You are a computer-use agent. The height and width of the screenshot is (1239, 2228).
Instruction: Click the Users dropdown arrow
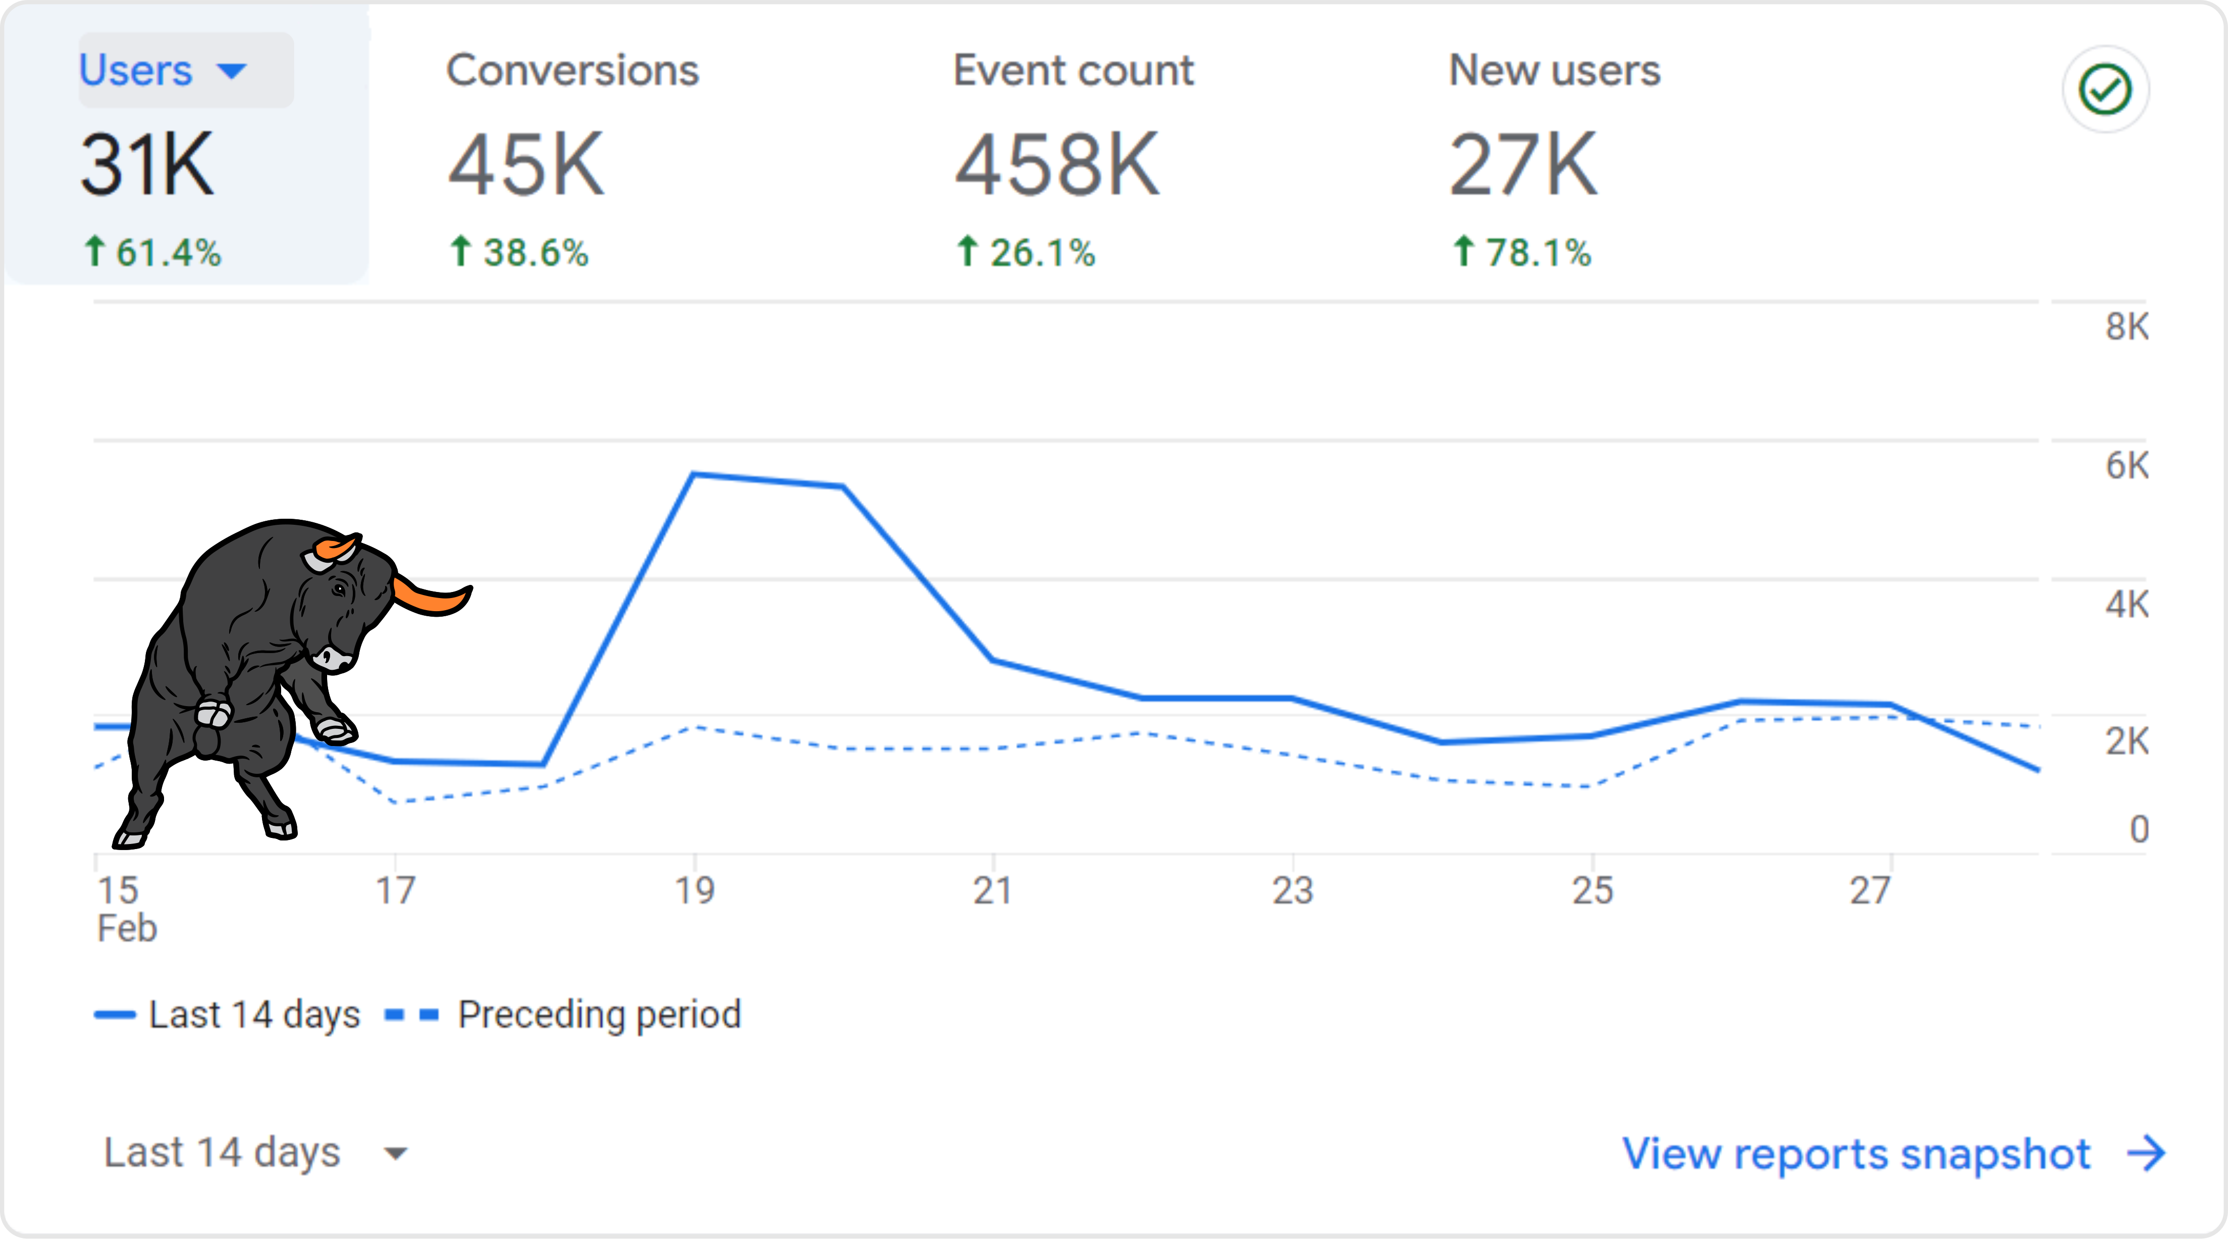pos(232,71)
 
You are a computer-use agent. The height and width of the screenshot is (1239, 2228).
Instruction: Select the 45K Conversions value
pos(526,164)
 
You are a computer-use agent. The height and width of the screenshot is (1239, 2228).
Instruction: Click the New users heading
pos(1554,70)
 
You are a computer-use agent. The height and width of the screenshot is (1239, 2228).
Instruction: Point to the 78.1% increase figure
pos(1522,253)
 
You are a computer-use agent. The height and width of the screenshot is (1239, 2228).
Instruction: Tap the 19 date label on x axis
pos(695,890)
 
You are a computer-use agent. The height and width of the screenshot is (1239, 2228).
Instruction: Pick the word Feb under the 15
pos(126,928)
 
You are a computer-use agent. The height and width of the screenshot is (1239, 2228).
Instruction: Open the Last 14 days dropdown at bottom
pos(255,1153)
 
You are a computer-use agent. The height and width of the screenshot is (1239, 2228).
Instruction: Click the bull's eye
pos(339,590)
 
